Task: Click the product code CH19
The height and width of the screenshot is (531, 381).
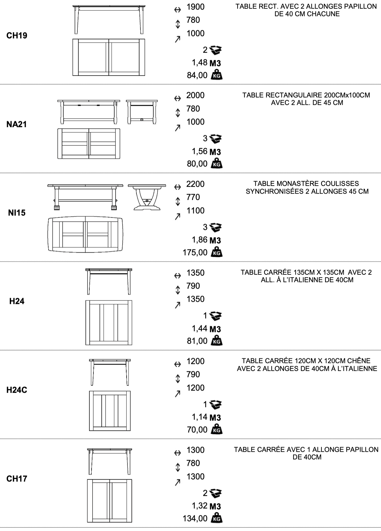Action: pyautogui.click(x=17, y=36)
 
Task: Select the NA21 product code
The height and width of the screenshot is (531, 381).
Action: pyautogui.click(x=17, y=124)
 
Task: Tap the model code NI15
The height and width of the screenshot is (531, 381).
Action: pyautogui.click(x=17, y=213)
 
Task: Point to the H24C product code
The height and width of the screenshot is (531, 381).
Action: pyautogui.click(x=17, y=390)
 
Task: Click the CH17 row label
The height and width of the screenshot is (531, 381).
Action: pyautogui.click(x=17, y=479)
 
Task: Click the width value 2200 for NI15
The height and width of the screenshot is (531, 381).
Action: pyautogui.click(x=195, y=184)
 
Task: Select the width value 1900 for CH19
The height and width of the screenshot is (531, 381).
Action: pyautogui.click(x=195, y=7)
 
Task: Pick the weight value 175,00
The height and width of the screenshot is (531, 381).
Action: pyautogui.click(x=195, y=253)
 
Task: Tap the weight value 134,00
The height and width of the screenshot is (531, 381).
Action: pyautogui.click(x=195, y=518)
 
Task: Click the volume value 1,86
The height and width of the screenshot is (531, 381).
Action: pyautogui.click(x=200, y=240)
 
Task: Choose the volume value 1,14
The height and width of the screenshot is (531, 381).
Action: pyautogui.click(x=200, y=417)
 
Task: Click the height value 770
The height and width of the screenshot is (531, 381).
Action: pyautogui.click(x=193, y=197)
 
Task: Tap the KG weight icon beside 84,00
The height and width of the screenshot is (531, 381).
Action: pyautogui.click(x=217, y=75)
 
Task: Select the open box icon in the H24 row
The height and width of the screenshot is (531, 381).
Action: pyautogui.click(x=216, y=316)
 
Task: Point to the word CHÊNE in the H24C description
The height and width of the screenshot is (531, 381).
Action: pyautogui.click(x=359, y=361)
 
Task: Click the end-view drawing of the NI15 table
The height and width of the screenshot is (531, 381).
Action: pyautogui.click(x=147, y=197)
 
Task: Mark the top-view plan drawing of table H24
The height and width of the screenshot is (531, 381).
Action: pyautogui.click(x=109, y=323)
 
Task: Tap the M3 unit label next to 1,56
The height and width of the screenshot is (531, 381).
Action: pyautogui.click(x=215, y=152)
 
